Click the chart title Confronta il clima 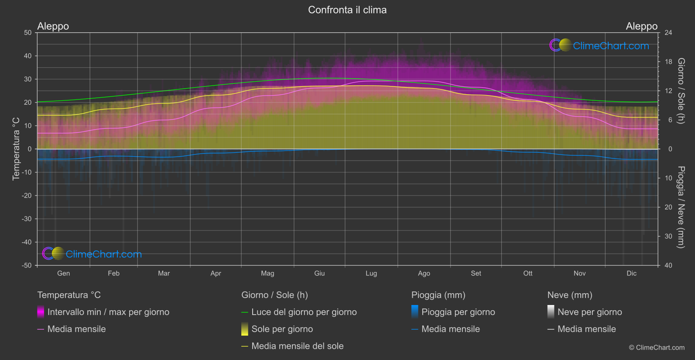(347, 10)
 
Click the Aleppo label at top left (53, 26)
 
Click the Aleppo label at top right (641, 26)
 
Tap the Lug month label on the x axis (371, 273)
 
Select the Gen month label (63, 273)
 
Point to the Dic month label (631, 273)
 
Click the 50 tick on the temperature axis (28, 33)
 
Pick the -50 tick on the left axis (27, 265)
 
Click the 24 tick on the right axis (668, 33)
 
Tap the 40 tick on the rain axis (668, 265)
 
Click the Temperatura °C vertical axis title (16, 149)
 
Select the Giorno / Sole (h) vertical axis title (681, 91)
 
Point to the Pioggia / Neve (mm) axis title (681, 207)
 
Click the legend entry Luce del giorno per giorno (304, 312)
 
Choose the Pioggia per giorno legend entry (458, 312)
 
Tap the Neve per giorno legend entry (589, 312)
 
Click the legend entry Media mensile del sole (297, 346)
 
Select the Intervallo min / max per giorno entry (108, 312)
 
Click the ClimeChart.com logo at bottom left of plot (92, 254)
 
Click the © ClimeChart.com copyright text (657, 348)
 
